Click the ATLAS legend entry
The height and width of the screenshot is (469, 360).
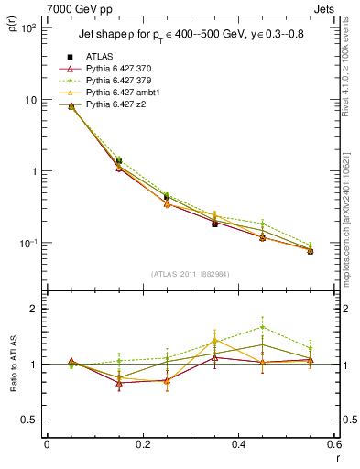click(100, 57)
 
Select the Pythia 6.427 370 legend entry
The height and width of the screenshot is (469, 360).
click(118, 69)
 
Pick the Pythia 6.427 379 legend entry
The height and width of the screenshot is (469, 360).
click(118, 81)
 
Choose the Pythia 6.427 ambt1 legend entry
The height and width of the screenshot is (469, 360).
click(121, 93)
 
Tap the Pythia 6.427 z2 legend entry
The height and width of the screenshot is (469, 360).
click(115, 104)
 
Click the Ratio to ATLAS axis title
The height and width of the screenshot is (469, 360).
click(13, 365)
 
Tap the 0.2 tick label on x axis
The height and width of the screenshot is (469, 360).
click(143, 444)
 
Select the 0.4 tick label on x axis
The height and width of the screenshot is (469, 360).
click(239, 444)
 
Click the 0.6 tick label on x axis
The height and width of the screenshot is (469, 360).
click(333, 444)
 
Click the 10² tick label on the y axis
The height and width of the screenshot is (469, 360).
click(27, 28)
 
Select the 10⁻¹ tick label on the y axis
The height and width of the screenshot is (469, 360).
click(27, 244)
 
